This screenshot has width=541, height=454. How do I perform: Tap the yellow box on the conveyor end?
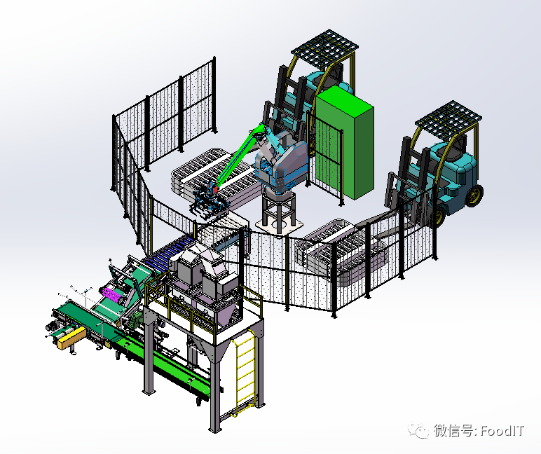coord(72,338)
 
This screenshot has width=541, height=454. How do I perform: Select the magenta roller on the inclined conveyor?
coord(112,295)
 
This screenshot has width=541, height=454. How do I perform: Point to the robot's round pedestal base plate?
coord(280,226)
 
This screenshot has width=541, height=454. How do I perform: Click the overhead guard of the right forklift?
coord(448,116)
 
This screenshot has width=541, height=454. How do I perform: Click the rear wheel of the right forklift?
coord(474,196)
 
